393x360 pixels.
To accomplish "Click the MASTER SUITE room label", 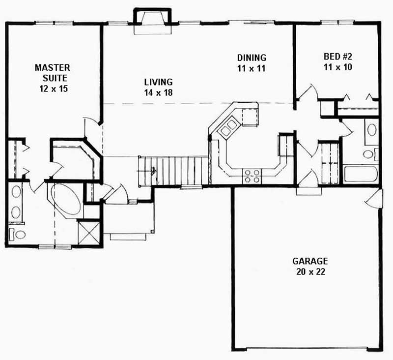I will tap(53, 72).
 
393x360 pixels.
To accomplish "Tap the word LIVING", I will tap(158, 82).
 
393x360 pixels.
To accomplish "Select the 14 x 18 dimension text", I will tap(158, 92).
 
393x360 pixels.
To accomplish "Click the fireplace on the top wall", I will tap(152, 21).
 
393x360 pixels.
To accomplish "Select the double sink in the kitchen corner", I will tap(228, 128).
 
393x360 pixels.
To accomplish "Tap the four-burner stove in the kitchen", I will tap(252, 176).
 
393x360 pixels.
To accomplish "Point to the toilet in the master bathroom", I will tap(18, 234).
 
